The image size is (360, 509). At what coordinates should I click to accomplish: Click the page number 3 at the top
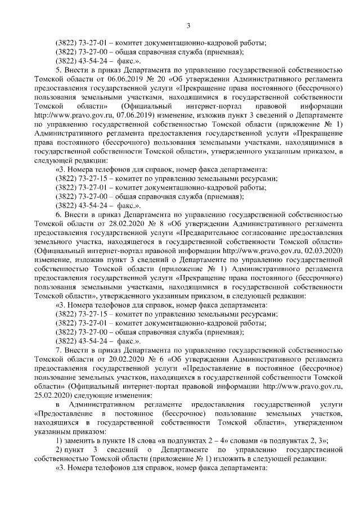(x=188, y=25)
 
